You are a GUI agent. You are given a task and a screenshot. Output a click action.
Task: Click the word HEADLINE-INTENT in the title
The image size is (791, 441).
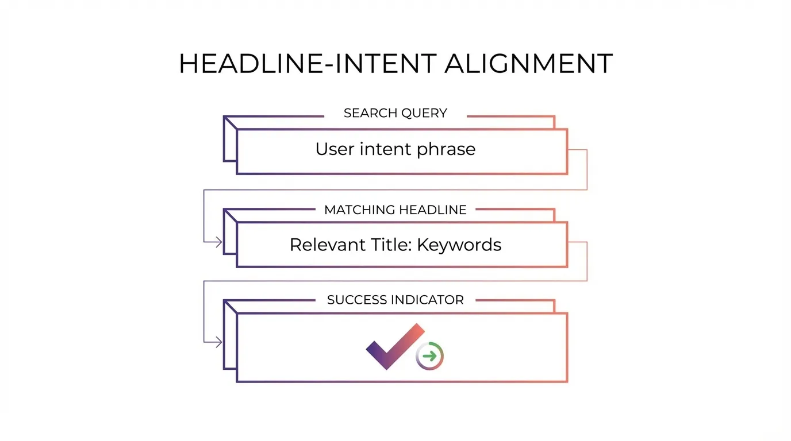[308, 64]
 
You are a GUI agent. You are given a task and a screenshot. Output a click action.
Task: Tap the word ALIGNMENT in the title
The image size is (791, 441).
[528, 64]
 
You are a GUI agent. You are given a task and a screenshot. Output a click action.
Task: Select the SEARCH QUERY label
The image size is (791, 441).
[395, 113]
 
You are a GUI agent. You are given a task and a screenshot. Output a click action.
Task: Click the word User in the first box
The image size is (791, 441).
[334, 149]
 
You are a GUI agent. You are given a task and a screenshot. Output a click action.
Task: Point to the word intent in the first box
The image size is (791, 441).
[385, 149]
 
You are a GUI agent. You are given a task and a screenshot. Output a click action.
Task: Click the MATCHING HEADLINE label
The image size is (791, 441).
[395, 210]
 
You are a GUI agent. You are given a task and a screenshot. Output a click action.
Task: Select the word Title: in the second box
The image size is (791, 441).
[392, 245]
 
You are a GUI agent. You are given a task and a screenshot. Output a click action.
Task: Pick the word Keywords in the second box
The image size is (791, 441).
[459, 246]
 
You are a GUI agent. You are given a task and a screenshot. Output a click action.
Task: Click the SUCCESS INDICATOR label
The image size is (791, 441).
[395, 300]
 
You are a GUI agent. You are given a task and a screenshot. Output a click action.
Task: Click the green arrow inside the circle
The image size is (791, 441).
[430, 356]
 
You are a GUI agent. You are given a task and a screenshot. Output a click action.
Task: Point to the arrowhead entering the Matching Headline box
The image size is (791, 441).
[218, 242]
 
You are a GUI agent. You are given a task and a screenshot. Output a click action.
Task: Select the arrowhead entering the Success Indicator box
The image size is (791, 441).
[218, 342]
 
